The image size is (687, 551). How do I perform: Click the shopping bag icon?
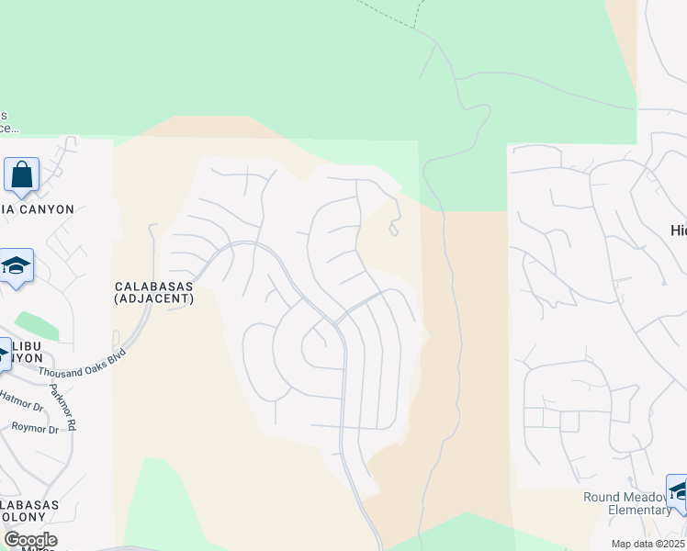tap(21, 174)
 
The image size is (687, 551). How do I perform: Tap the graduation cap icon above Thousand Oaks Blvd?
tap(17, 266)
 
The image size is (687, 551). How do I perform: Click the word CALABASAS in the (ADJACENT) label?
tap(153, 287)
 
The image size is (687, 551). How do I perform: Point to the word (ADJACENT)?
tap(153, 298)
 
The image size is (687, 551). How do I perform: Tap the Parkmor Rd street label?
tap(62, 412)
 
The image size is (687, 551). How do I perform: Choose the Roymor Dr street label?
tap(35, 428)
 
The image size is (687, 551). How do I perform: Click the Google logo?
tap(29, 540)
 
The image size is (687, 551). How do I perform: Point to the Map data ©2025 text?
tap(648, 544)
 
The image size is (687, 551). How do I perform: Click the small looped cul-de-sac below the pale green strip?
tap(393, 228)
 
